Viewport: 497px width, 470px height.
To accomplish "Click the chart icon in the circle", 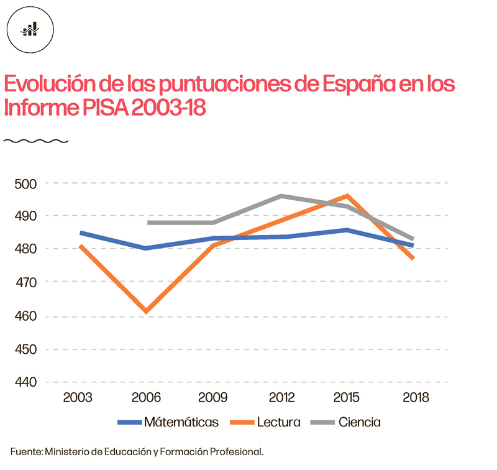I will pyautogui.click(x=30, y=29).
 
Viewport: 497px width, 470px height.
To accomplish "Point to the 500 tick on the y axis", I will pyautogui.click(x=25, y=184).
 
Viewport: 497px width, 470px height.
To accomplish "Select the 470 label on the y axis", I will pyautogui.click(x=25, y=282).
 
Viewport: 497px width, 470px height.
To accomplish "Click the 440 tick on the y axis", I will pyautogui.click(x=25, y=382).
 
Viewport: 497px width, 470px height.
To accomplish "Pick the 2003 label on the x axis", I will pyautogui.click(x=78, y=398).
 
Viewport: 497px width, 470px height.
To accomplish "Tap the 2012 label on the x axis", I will pyautogui.click(x=281, y=398).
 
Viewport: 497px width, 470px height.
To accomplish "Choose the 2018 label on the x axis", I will pyautogui.click(x=416, y=398).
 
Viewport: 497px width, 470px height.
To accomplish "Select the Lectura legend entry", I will pyautogui.click(x=278, y=422).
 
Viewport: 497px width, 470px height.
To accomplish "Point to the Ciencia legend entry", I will pyautogui.click(x=360, y=422).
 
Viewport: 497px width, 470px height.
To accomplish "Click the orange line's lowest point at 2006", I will pyautogui.click(x=146, y=311).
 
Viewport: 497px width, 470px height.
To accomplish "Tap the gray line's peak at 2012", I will pyautogui.click(x=281, y=196).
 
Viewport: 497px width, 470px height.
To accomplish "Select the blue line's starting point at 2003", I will pyautogui.click(x=80, y=233).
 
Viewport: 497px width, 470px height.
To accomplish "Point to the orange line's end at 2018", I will pyautogui.click(x=413, y=258).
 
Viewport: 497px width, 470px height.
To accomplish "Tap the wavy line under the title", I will pyautogui.click(x=35, y=141).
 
